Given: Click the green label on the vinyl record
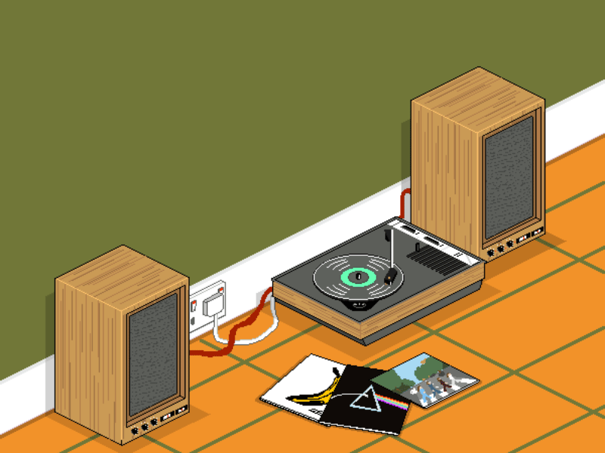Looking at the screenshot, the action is tap(356, 276).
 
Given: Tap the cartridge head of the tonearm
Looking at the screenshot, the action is tap(391, 276).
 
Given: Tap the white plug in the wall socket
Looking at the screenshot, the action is tap(215, 305).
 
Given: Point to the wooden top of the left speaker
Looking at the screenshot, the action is tap(121, 276).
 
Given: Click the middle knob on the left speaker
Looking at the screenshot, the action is tap(144, 427).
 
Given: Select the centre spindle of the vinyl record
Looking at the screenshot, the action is tap(356, 276).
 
